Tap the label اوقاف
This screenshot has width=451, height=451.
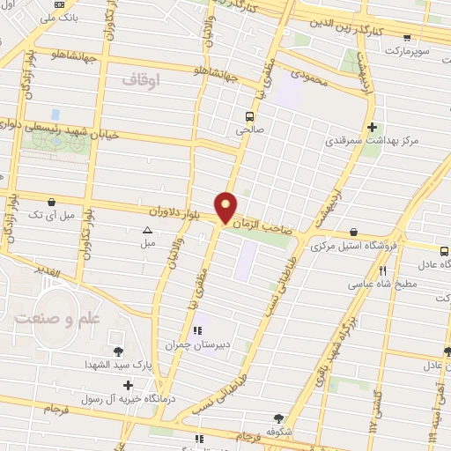click(x=140, y=80)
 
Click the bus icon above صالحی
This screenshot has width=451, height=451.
click(x=250, y=116)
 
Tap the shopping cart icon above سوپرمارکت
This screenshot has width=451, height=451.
click(x=406, y=38)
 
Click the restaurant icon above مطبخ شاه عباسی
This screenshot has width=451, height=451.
click(x=382, y=270)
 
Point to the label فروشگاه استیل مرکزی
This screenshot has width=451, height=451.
click(x=355, y=246)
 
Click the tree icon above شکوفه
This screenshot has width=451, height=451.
click(x=278, y=419)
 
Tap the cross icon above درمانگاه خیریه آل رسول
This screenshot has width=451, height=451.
click(x=129, y=385)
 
